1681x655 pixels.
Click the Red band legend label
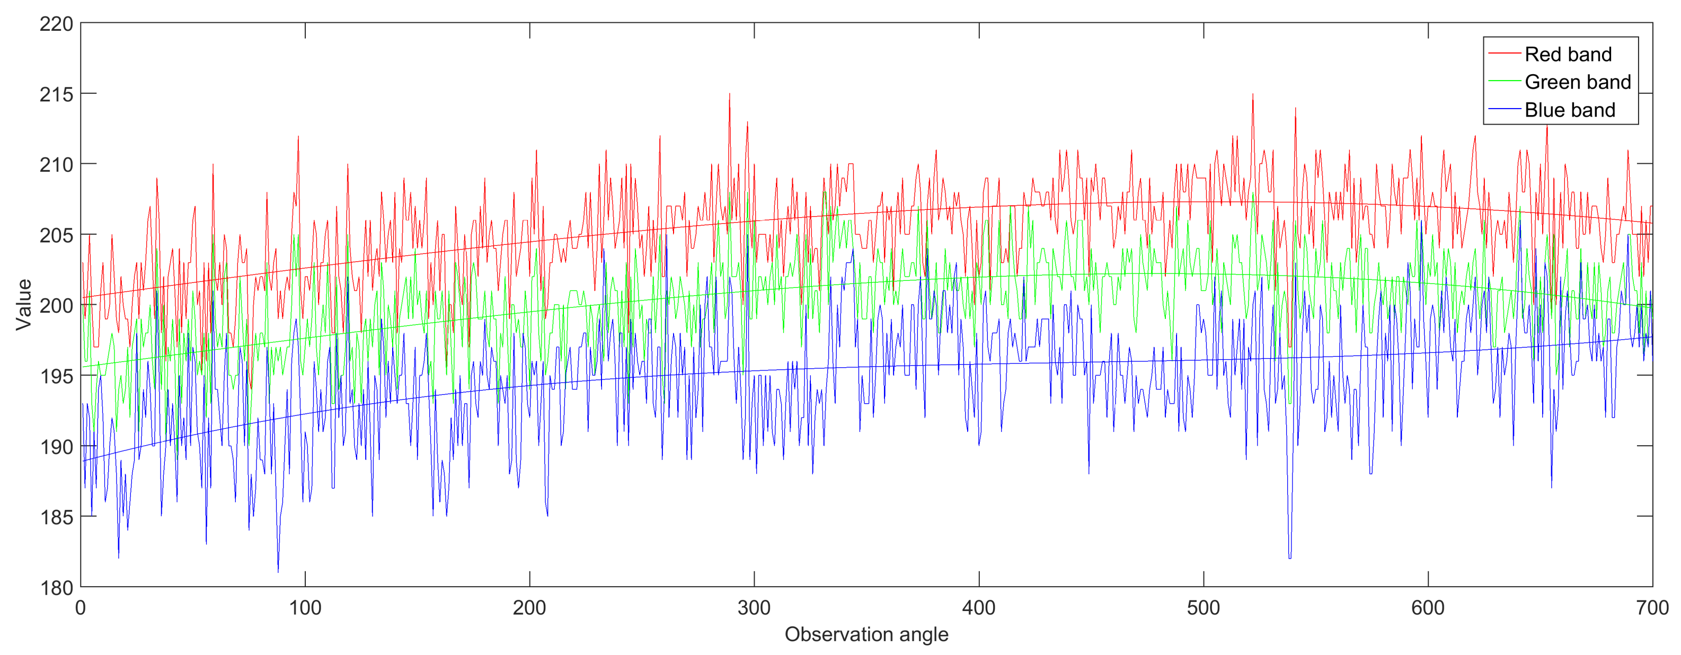1568,54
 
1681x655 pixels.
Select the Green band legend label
1577,82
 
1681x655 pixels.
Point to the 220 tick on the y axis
56,24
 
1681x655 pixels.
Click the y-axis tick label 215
56,95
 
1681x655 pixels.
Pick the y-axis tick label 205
56,235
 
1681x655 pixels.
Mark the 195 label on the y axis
56,376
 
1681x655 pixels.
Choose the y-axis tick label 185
56,517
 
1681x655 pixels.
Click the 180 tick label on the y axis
56,588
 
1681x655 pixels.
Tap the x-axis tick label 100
305,608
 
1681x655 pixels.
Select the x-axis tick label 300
754,608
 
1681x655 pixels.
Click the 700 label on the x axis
1652,608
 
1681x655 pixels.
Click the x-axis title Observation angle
866,634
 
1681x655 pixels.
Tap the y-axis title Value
24,305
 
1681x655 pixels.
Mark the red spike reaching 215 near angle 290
730,95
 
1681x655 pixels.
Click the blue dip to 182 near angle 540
1290,556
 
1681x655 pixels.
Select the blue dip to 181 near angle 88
278,571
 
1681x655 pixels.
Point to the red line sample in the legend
1504,54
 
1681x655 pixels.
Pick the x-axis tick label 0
80,608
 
